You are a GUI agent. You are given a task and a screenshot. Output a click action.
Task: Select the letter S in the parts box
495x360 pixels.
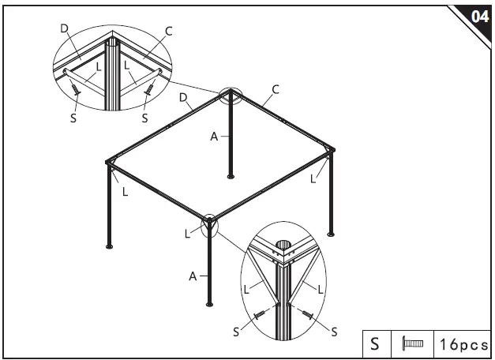(x=376, y=344)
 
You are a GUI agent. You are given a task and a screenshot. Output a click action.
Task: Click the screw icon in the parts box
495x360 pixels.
(x=413, y=344)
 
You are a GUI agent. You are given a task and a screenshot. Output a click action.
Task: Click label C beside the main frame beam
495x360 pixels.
(x=276, y=89)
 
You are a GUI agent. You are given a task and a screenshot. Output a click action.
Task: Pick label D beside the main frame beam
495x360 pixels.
(x=183, y=98)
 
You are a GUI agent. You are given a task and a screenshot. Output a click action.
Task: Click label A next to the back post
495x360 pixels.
(x=214, y=136)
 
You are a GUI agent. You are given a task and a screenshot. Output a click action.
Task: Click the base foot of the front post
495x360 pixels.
(x=209, y=304)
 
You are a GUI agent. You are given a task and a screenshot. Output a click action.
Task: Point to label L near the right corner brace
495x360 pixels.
(x=313, y=179)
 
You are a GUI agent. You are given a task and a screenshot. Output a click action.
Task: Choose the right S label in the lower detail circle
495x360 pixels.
(x=333, y=332)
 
